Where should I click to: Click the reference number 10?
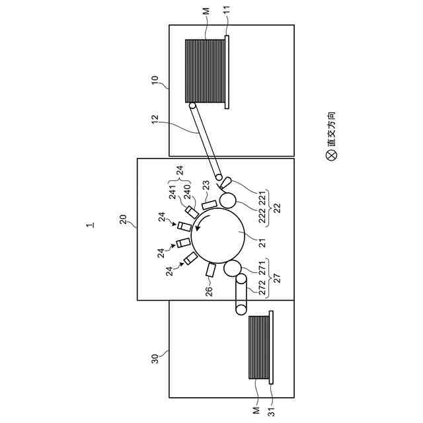[x=155, y=81]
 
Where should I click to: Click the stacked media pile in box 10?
[x=206, y=72]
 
